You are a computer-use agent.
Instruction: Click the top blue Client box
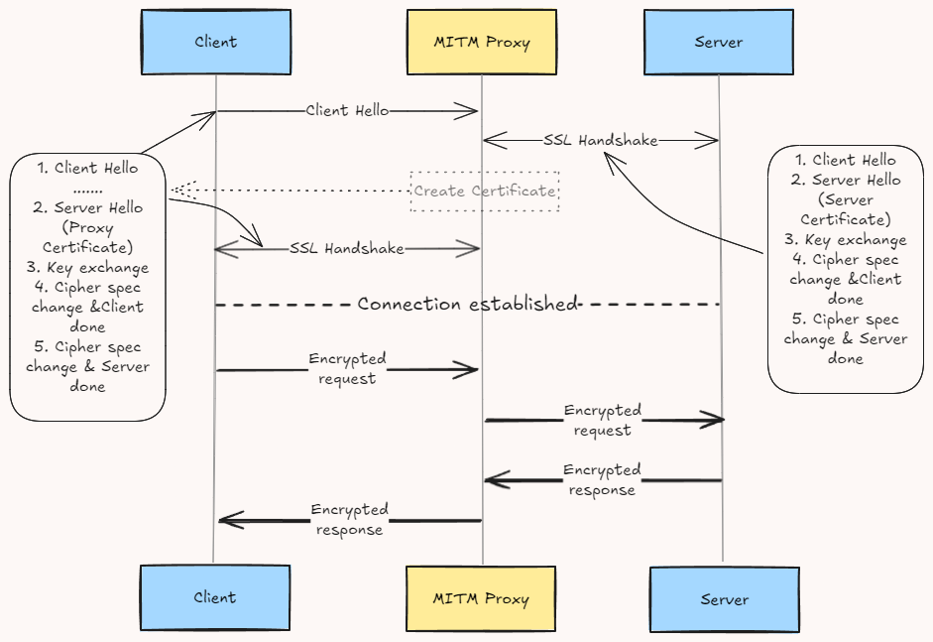(215, 42)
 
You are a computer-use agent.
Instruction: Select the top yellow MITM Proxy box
(482, 42)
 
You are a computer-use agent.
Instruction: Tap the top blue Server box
(719, 42)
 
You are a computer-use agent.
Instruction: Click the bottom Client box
(215, 597)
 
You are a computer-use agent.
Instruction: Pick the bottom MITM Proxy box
(482, 599)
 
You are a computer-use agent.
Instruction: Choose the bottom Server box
(724, 599)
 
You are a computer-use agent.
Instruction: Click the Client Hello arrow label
(347, 111)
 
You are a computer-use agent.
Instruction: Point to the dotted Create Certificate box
(485, 191)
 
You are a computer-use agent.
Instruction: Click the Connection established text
(467, 304)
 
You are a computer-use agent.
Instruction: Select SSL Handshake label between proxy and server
(601, 141)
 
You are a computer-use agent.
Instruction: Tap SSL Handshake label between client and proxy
(347, 249)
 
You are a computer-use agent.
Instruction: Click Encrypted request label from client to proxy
(347, 368)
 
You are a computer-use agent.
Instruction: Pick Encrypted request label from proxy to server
(603, 420)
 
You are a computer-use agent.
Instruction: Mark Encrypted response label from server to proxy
(603, 479)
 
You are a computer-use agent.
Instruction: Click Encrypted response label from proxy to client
(349, 519)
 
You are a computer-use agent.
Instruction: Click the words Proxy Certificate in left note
(88, 237)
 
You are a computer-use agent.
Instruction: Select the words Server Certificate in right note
(849, 209)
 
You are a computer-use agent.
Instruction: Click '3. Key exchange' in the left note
(87, 267)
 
